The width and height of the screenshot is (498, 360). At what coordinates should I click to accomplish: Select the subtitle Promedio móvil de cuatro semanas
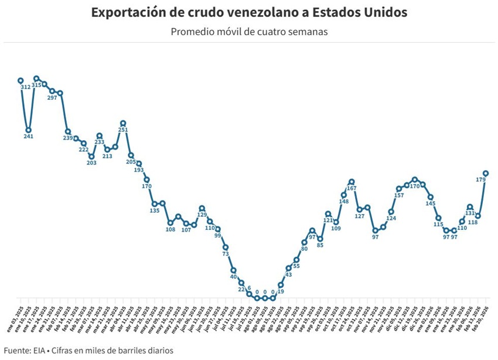(x=249, y=31)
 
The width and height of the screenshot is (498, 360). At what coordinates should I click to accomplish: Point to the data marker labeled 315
(x=36, y=79)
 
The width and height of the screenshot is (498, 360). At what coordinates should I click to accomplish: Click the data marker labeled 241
(x=28, y=130)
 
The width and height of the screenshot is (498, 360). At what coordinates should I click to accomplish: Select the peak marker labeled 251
(x=123, y=123)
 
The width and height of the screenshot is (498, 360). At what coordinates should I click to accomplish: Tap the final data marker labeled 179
(x=486, y=173)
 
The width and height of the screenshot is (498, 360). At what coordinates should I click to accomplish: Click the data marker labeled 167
(x=352, y=182)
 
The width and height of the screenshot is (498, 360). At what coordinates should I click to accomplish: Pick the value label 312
(x=26, y=87)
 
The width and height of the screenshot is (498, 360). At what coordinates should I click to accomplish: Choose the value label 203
(x=91, y=163)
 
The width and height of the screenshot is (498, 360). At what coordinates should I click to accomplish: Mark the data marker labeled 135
(x=155, y=203)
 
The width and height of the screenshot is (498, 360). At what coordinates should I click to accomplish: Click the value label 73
(x=226, y=254)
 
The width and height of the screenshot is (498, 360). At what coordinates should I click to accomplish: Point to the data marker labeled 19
(x=281, y=285)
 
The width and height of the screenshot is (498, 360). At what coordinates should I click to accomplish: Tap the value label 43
(x=289, y=274)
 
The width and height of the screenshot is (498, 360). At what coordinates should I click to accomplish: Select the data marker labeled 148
(x=344, y=195)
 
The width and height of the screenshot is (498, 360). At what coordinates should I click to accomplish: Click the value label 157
(x=399, y=195)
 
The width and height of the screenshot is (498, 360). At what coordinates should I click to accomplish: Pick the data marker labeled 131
(x=470, y=207)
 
